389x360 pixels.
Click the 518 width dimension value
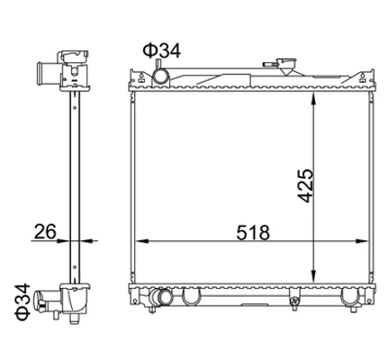click(x=253, y=233)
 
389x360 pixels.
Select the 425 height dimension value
click(x=305, y=186)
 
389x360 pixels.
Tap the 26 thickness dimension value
click(x=45, y=231)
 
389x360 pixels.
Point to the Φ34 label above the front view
click(x=162, y=50)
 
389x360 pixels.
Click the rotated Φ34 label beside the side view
click(x=23, y=301)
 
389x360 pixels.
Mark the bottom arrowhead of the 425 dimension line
click(x=313, y=276)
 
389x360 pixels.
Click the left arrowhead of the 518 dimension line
click(x=142, y=240)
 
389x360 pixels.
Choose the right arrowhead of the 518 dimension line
click(x=361, y=240)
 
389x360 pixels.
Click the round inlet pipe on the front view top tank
click(x=160, y=76)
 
